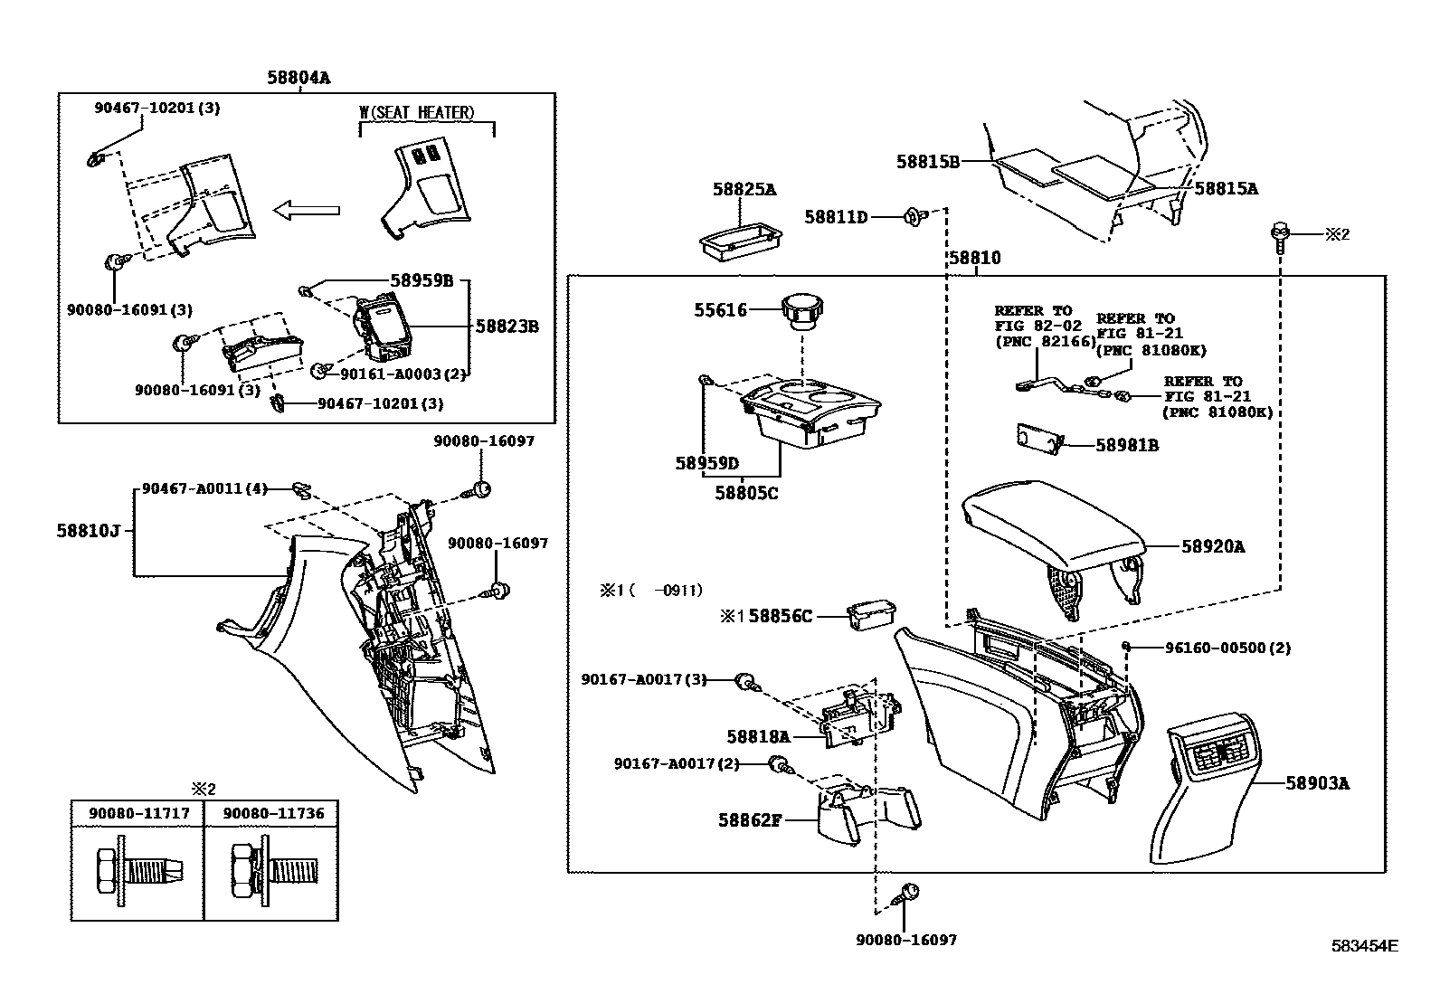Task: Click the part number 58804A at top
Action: [298, 78]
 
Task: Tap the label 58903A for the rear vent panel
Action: [1317, 784]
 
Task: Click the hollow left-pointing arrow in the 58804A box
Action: [307, 212]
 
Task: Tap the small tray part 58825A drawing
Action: [740, 240]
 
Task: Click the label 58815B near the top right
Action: [927, 162]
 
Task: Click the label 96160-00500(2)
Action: [1227, 648]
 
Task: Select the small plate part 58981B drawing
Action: [1037, 438]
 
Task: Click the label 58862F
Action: [750, 820]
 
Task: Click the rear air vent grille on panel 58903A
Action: [1216, 754]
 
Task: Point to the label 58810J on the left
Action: [88, 530]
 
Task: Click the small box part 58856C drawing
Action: [871, 614]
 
